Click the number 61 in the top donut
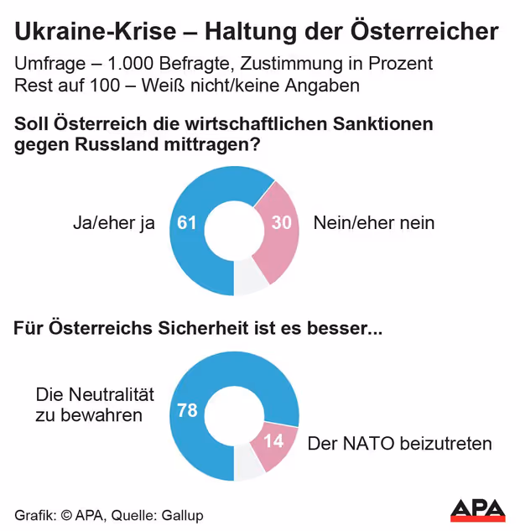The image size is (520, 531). [x=187, y=223]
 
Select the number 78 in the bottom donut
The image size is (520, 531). [x=188, y=410]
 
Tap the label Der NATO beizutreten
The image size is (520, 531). [x=399, y=443]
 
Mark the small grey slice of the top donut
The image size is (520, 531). [x=250, y=280]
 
